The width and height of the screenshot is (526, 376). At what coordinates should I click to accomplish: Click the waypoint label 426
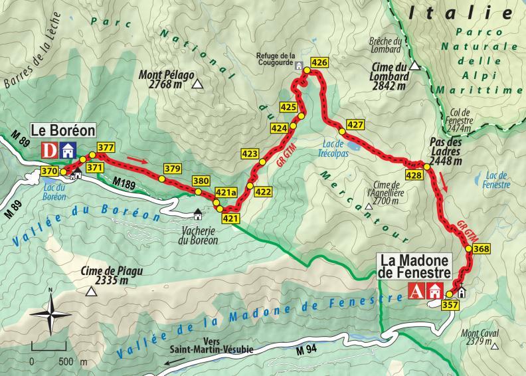pos(319,63)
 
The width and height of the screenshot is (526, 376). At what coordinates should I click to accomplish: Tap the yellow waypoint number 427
pos(355,125)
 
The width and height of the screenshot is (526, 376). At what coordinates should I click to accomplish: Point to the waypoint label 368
pos(482,249)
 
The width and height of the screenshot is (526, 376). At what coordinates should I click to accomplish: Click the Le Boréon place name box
pos(62,131)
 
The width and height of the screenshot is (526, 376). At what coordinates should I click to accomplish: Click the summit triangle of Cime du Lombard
pos(415,66)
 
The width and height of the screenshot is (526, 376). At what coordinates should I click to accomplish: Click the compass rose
pos(50,315)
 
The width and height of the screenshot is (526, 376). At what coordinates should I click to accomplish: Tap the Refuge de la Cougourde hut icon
pos(299,66)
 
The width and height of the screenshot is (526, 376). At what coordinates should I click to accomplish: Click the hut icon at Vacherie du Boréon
pos(197,215)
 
